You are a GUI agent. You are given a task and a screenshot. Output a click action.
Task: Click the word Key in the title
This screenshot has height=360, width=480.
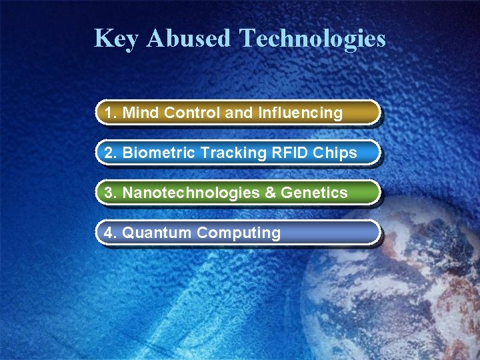point(117,39)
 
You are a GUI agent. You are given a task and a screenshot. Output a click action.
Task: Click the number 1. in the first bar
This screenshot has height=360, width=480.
point(111,113)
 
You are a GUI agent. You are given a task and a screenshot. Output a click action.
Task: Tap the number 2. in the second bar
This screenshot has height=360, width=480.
point(111,153)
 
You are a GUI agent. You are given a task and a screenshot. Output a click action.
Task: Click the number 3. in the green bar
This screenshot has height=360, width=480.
point(111,193)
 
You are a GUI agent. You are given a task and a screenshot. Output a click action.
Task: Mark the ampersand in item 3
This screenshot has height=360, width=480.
point(270,193)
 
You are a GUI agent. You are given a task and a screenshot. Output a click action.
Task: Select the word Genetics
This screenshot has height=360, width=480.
point(314,193)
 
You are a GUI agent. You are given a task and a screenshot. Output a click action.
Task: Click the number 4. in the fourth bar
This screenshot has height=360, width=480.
point(111,233)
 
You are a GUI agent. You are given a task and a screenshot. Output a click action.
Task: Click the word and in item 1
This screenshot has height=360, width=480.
point(239,113)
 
